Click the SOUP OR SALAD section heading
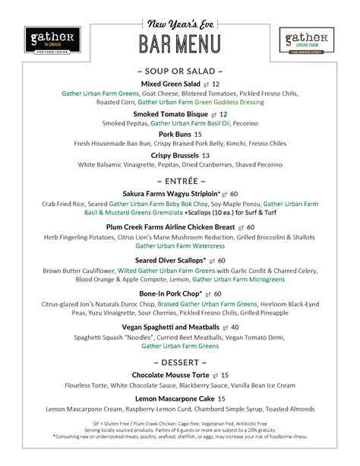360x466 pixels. (x=180, y=69)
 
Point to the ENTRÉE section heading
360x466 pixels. (x=181, y=181)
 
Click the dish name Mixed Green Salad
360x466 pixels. (x=171, y=83)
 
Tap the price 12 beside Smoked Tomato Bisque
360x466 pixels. (x=223, y=114)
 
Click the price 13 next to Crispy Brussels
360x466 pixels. (x=205, y=155)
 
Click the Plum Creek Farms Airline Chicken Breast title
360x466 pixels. (x=170, y=227)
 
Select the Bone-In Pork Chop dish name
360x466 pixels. (x=170, y=293)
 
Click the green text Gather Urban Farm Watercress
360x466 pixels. (x=181, y=246)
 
